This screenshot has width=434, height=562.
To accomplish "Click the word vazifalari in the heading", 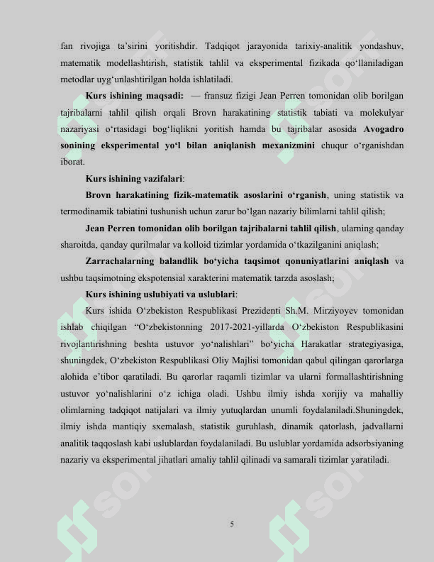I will pyautogui.click(x=162, y=179).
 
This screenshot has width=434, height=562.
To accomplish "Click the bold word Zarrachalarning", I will pyautogui.click(x=121, y=261).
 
